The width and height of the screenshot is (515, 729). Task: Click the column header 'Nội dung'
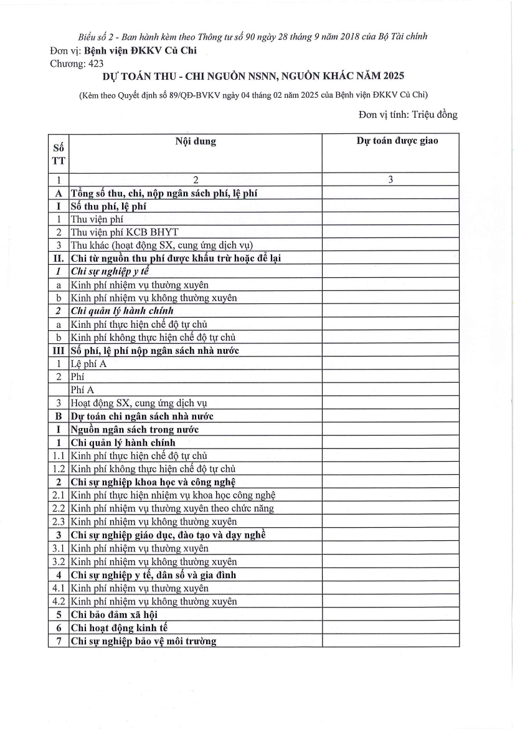195,141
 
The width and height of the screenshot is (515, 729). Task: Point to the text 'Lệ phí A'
88,364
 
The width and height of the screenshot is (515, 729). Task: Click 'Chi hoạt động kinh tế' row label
119,628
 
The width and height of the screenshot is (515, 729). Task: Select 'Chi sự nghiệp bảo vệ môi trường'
143,641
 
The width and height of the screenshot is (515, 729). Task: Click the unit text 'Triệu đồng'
435,115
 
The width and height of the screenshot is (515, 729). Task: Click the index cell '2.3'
58,522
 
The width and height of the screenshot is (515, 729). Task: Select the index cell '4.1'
58,588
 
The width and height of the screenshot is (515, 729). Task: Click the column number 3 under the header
390,180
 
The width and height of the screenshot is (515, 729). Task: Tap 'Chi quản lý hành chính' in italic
122,311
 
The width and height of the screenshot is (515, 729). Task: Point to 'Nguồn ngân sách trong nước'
134,429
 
